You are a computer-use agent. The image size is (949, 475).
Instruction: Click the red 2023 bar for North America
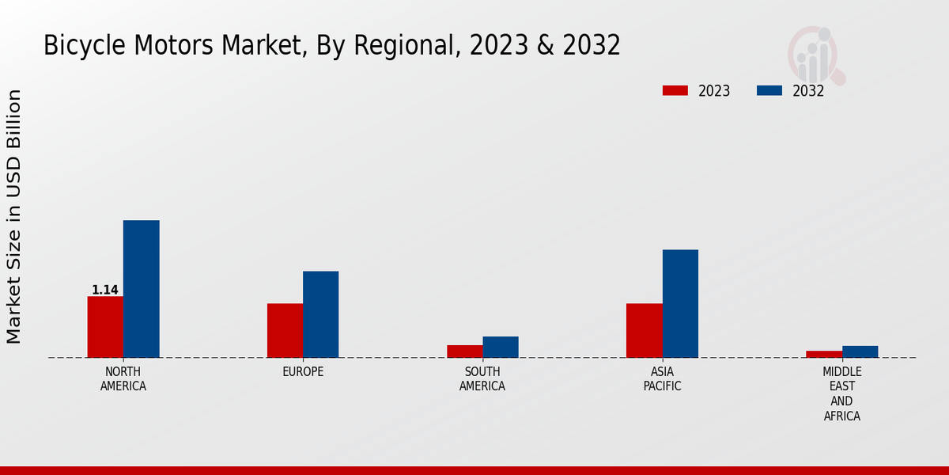105,327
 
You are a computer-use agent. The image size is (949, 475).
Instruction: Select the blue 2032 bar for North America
141,289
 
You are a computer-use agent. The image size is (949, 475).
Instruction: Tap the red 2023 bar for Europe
285,330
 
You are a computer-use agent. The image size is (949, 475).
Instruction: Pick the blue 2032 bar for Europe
320,314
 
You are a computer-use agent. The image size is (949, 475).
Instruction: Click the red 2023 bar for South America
464,351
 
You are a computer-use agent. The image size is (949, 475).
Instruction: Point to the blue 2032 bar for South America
501,347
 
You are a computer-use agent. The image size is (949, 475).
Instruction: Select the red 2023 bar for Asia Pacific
644,330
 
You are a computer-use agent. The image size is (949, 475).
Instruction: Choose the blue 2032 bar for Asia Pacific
680,303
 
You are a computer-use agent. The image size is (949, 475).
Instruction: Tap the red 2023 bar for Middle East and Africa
824,354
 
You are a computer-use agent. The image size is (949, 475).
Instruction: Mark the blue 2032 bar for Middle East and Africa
860,351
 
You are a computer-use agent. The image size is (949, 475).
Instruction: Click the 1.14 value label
105,290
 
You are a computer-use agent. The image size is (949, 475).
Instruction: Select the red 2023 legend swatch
675,90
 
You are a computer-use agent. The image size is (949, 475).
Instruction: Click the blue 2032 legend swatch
769,90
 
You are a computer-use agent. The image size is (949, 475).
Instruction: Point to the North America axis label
123,378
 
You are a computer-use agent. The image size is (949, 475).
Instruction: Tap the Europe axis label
303,371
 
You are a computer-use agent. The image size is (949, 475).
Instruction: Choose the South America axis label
482,378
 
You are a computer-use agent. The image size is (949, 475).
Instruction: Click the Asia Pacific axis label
662,378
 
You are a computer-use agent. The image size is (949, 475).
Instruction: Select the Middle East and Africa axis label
842,393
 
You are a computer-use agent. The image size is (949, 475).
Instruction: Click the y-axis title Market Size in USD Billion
14,216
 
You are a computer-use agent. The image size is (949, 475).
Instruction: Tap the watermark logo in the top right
815,54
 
